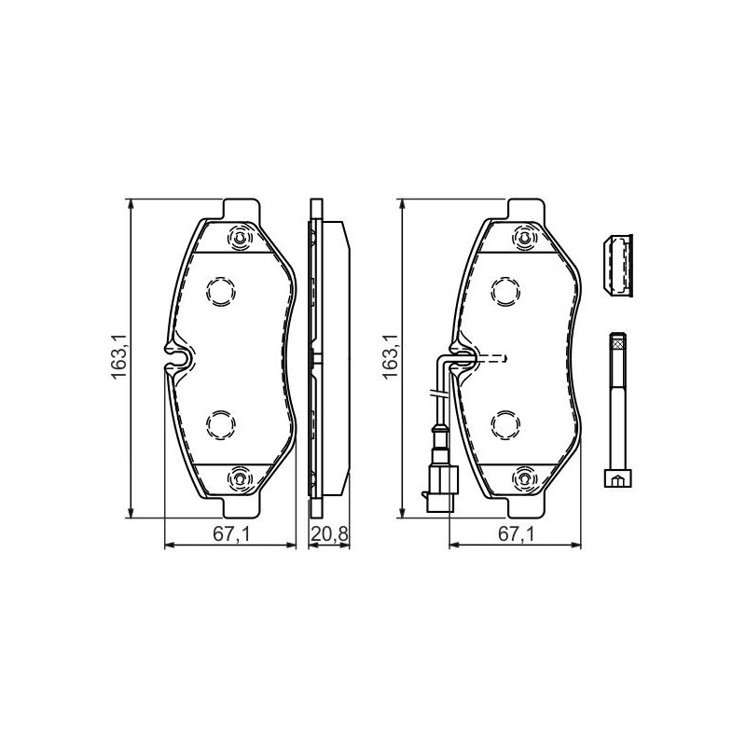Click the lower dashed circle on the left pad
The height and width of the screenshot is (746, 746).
220,425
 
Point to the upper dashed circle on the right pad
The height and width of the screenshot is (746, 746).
505,292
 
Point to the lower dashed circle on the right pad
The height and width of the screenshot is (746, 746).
505,425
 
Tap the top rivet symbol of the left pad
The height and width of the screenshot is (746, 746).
241,239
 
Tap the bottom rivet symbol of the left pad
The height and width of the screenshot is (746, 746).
241,480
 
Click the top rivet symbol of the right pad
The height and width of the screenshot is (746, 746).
525,239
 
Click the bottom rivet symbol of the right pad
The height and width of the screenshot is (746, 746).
525,480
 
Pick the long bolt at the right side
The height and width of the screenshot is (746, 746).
616,410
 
